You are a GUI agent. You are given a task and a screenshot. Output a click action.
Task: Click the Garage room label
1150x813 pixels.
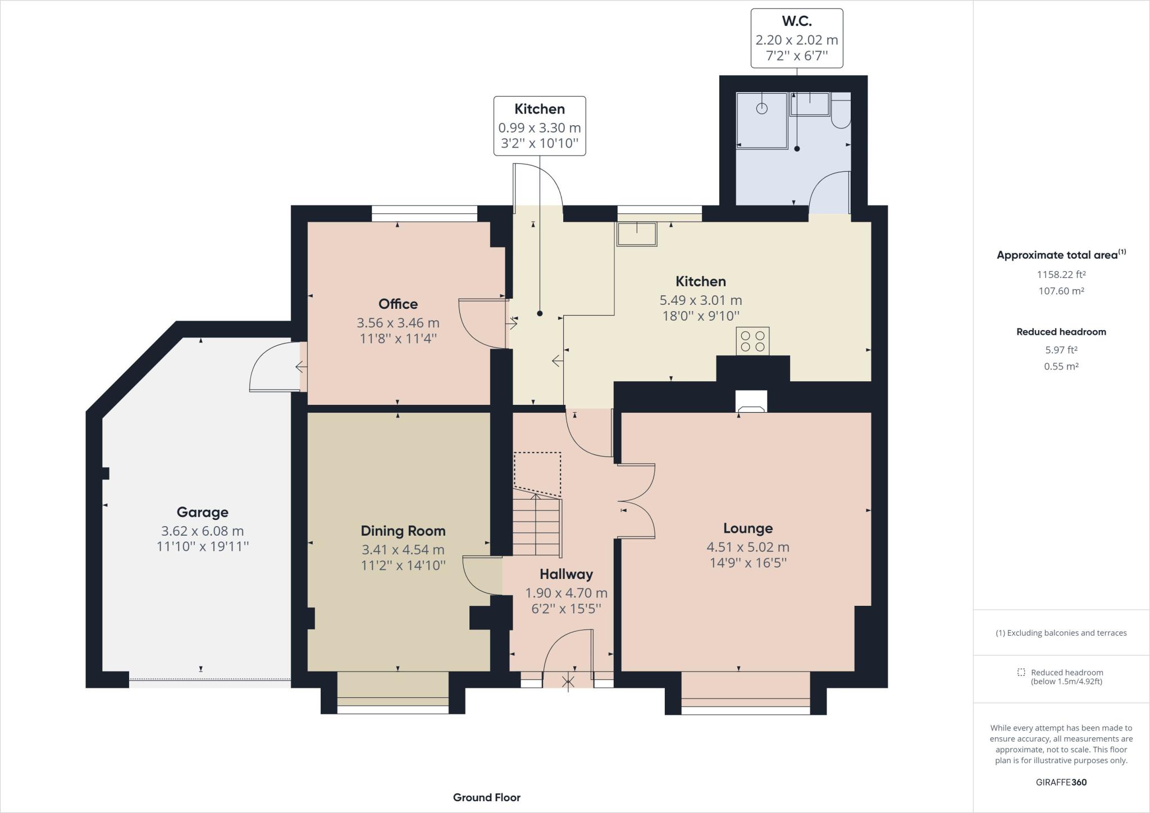point(202,512)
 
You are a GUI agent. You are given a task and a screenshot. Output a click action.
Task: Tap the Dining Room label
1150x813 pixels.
point(403,531)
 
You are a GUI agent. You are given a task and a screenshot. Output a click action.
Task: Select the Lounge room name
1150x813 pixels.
point(747,528)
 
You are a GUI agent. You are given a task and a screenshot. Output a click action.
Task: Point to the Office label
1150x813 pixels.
point(398,304)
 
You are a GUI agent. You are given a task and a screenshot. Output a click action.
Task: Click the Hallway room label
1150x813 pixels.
point(566,574)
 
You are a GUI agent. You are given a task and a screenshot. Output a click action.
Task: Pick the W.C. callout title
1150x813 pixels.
point(797,21)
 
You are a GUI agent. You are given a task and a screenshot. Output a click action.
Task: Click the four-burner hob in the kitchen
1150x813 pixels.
point(752,341)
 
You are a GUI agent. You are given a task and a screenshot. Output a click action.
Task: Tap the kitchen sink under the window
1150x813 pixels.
point(637,234)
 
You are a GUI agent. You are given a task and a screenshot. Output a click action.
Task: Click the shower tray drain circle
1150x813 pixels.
point(761,108)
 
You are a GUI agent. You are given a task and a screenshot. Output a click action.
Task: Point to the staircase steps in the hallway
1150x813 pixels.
point(536,527)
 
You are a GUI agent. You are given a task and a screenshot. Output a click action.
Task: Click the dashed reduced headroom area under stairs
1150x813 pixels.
point(537,474)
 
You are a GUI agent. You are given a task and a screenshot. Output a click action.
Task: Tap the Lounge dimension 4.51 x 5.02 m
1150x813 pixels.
point(747,547)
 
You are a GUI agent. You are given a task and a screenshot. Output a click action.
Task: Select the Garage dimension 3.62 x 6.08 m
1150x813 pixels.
point(202,531)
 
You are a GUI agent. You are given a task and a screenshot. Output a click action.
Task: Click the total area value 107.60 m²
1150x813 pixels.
point(1061,291)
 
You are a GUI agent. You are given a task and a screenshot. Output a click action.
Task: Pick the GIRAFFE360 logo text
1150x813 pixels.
point(1061,782)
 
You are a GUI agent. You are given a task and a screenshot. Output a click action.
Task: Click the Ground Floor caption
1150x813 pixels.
point(487,797)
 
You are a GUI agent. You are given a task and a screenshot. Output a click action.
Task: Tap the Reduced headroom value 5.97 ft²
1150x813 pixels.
point(1061,350)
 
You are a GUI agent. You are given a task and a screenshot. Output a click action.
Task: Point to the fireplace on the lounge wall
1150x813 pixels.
point(751,402)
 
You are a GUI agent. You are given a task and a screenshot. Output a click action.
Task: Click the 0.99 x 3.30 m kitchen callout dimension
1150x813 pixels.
point(540,128)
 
